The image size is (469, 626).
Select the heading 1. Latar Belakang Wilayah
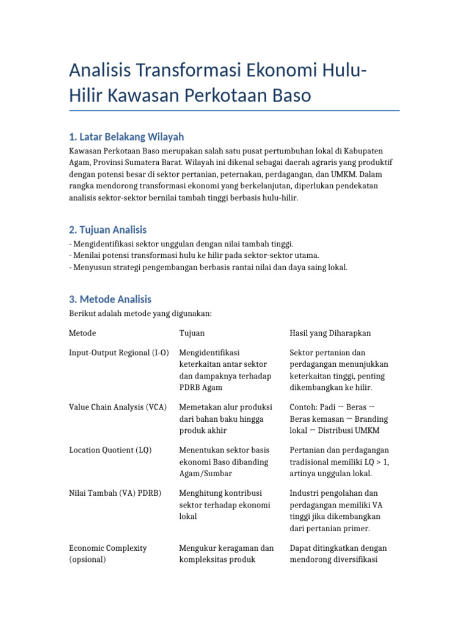126,136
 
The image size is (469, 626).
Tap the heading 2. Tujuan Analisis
108,230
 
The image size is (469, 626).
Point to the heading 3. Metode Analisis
110,299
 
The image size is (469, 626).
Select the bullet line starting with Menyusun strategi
208,267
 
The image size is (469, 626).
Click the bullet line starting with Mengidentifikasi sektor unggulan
181,243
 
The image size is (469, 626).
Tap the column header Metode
82,333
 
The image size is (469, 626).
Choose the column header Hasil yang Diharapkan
330,333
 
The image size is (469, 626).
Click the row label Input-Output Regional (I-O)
119,353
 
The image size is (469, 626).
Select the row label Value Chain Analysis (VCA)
118,407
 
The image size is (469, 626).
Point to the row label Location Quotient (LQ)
111,450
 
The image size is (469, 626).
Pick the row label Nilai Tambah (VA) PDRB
115,493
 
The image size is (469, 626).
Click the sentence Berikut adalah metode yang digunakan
140,314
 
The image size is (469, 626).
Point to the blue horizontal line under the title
234,111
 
